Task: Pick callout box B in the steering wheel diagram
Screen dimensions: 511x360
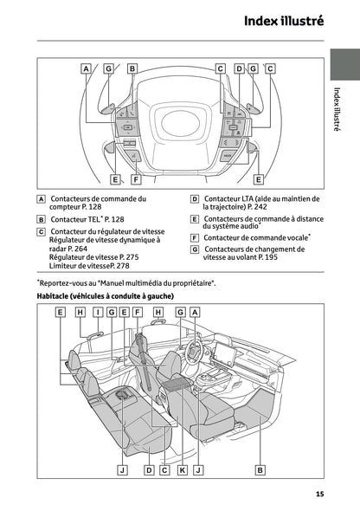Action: (x=132, y=68)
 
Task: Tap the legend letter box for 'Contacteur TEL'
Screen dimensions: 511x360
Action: (x=42, y=220)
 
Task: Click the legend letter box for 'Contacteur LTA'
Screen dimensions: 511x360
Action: (x=195, y=198)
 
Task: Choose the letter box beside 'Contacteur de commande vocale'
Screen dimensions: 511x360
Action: (x=195, y=237)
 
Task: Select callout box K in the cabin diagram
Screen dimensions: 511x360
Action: (x=182, y=469)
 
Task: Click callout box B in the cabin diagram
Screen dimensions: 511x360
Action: (x=259, y=469)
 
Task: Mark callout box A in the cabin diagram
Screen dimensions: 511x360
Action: (x=195, y=312)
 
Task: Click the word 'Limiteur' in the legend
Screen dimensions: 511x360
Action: (x=65, y=266)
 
